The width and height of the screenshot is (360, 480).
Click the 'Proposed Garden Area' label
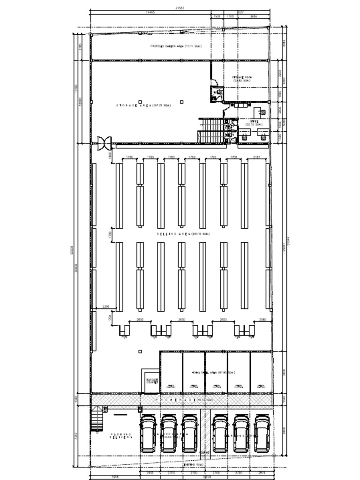176,46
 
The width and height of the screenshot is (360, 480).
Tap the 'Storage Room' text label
241,78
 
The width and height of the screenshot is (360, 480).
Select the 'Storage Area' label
143,106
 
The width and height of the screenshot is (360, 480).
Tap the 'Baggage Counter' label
151,381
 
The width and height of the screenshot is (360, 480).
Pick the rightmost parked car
262,434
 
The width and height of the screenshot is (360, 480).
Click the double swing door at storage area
103,142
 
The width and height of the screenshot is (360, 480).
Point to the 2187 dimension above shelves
256,157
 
